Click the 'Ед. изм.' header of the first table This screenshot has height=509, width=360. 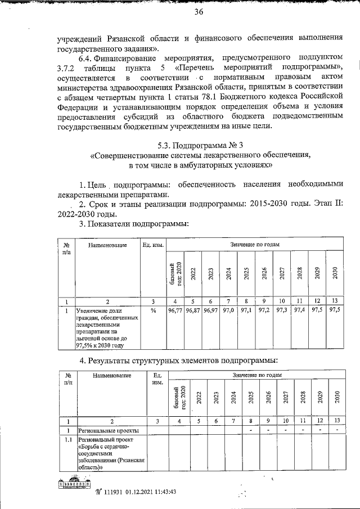point(153,245)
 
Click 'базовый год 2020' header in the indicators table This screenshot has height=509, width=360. point(176,272)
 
